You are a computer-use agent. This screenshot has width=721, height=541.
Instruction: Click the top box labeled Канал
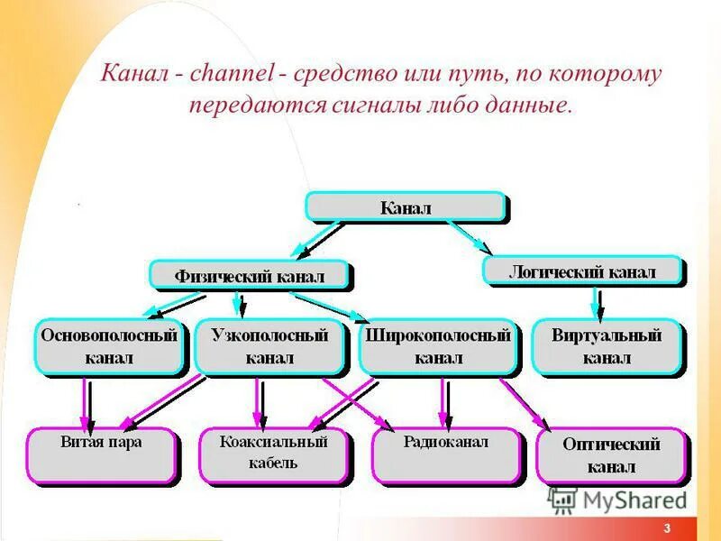[406, 207]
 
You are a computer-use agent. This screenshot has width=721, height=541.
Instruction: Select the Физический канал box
[250, 275]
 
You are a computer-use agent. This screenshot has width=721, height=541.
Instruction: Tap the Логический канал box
[582, 270]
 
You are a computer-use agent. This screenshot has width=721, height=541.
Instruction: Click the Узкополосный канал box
[269, 347]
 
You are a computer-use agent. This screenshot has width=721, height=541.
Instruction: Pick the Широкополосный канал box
[438, 347]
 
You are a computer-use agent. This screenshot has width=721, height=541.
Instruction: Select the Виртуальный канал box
[606, 347]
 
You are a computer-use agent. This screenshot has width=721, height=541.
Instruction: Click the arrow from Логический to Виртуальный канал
[594, 302]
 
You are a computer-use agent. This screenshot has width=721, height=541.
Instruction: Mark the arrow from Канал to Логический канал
[469, 238]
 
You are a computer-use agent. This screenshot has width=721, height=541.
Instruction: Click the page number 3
[666, 528]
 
